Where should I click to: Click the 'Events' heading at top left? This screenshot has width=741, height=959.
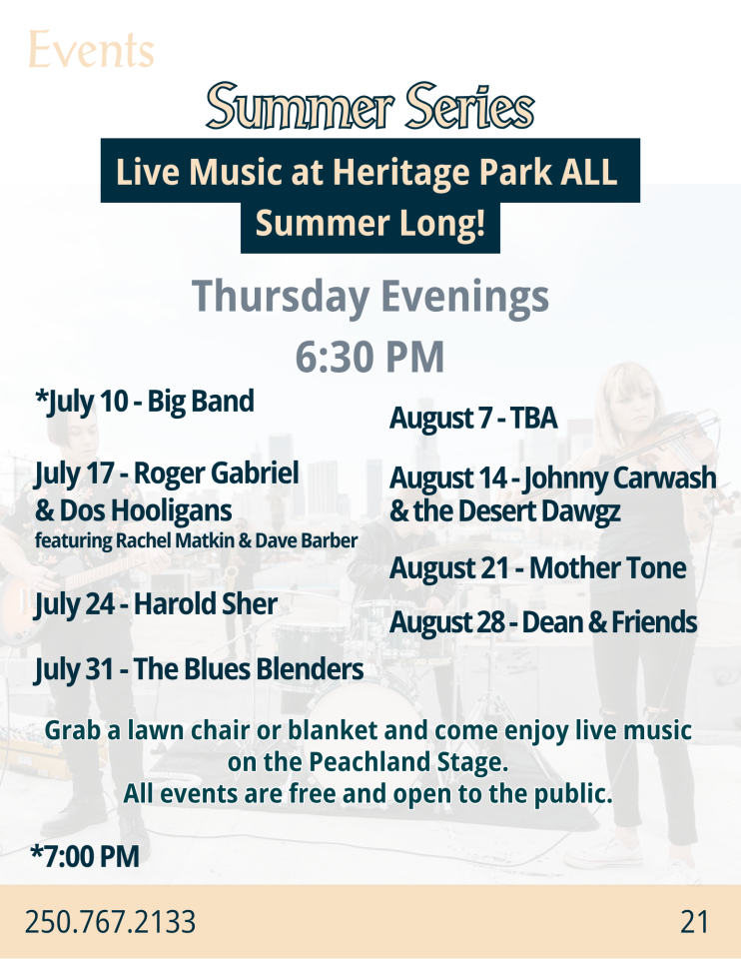pyautogui.click(x=91, y=50)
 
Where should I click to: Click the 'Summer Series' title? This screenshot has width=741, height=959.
pyautogui.click(x=370, y=106)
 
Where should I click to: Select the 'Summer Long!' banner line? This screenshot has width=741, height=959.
pyautogui.click(x=370, y=223)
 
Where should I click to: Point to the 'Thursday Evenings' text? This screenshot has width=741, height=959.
pyautogui.click(x=370, y=297)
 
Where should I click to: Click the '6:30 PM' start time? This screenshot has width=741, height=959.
pyautogui.click(x=370, y=357)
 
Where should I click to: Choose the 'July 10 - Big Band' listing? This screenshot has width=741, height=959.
pyautogui.click(x=144, y=402)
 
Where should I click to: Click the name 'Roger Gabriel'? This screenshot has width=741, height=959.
pyautogui.click(x=217, y=474)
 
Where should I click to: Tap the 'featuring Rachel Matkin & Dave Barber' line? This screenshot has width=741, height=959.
pyautogui.click(x=197, y=540)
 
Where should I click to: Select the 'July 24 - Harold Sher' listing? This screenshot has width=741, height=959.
pyautogui.click(x=156, y=604)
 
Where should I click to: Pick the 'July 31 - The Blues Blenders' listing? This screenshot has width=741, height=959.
pyautogui.click(x=199, y=669)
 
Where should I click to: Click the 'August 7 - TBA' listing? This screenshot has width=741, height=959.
pyautogui.click(x=473, y=419)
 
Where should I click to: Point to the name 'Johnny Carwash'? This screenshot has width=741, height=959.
pyautogui.click(x=619, y=479)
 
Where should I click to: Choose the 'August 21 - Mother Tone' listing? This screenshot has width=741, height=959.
pyautogui.click(x=538, y=568)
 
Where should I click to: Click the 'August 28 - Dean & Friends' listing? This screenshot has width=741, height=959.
pyautogui.click(x=543, y=622)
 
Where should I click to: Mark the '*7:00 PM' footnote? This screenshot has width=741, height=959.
pyautogui.click(x=85, y=856)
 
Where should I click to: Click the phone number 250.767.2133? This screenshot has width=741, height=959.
pyautogui.click(x=110, y=922)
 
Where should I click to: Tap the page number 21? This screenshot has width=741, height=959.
pyautogui.click(x=694, y=922)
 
